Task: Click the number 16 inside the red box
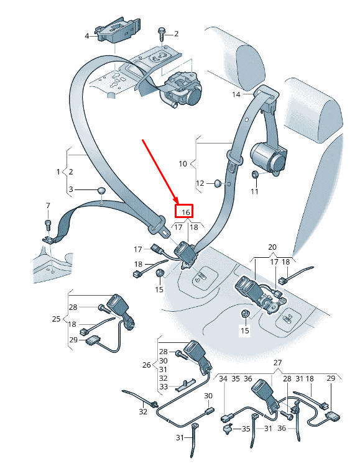click(x=186, y=212)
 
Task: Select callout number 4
click(x=87, y=36)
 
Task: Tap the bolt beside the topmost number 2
click(x=161, y=35)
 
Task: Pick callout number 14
click(x=236, y=94)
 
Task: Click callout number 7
click(x=48, y=206)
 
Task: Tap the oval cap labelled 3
click(x=101, y=191)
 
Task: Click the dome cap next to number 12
click(x=218, y=183)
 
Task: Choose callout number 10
click(x=183, y=164)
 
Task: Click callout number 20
click(x=272, y=247)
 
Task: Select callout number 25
click(x=56, y=319)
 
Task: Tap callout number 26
click(x=146, y=365)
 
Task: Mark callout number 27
click(x=277, y=363)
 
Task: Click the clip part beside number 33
click(x=185, y=385)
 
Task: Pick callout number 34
click(x=223, y=379)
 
